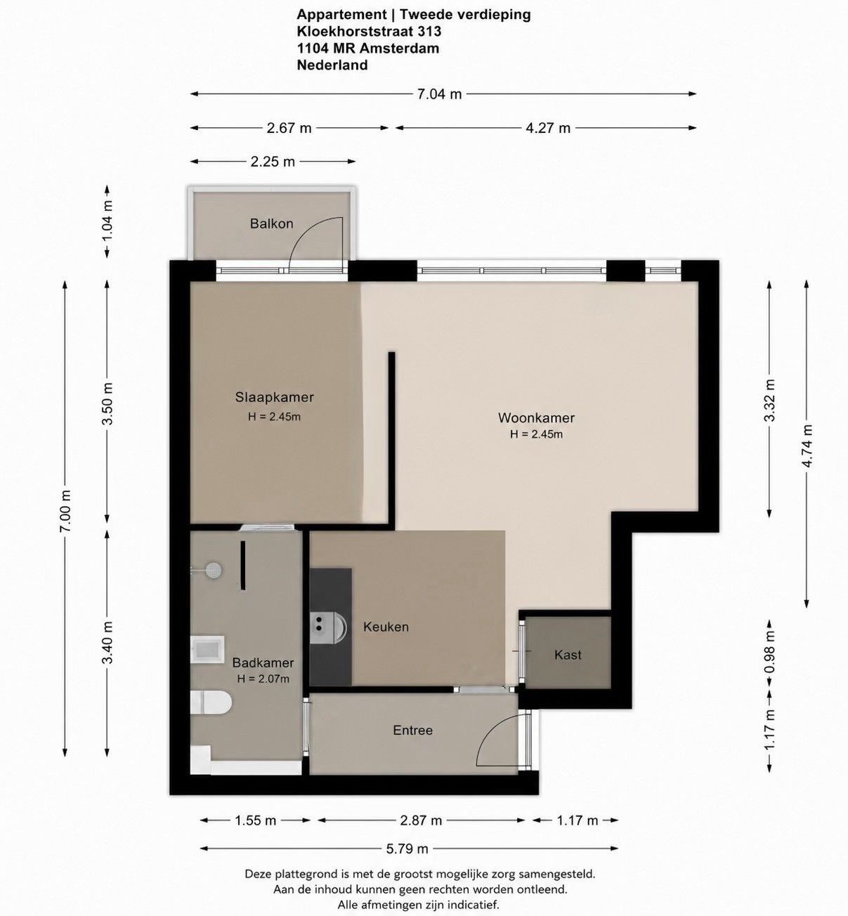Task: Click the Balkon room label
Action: pos(272,224)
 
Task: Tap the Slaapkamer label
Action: pos(275,397)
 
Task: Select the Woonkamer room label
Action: pos(536,418)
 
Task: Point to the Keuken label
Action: pos(386,627)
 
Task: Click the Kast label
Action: pos(568,655)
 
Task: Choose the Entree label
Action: pos(412,730)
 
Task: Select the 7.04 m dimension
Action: pos(439,94)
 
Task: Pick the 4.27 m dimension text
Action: pos(548,128)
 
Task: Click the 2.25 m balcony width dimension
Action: pos(273,162)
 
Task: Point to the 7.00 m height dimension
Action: pos(65,510)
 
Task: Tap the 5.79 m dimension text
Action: pos(407,849)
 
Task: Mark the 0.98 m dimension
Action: pos(769,652)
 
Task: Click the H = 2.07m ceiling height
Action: pos(263,678)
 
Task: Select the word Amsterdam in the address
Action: pos(399,49)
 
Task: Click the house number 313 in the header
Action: pos(429,32)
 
